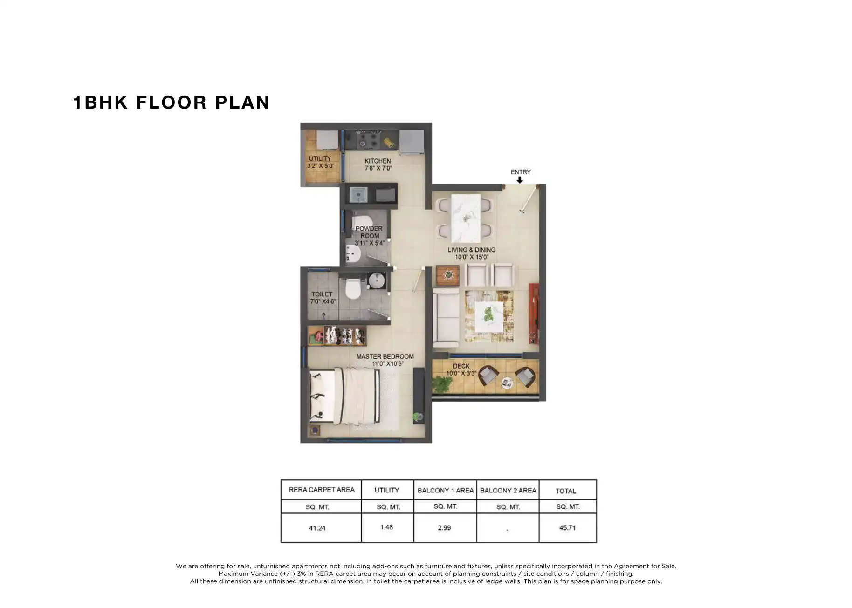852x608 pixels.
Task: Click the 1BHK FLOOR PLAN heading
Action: (x=171, y=102)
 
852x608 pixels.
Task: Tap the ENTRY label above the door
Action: (x=520, y=172)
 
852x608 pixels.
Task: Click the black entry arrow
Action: (x=520, y=180)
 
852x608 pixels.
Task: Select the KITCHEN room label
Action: (x=378, y=164)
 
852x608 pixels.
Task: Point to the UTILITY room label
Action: (x=320, y=162)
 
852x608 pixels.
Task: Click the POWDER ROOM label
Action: (x=369, y=235)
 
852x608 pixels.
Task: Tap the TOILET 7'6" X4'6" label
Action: (x=323, y=298)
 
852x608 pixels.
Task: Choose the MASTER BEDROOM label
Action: (x=385, y=360)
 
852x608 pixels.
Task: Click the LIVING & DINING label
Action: (x=471, y=253)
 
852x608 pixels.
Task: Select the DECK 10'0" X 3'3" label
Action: (x=461, y=369)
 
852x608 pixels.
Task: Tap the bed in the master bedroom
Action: (x=345, y=396)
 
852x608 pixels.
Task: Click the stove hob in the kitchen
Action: (x=368, y=139)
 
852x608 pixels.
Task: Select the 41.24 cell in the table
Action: (x=317, y=528)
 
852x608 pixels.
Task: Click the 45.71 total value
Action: (x=567, y=528)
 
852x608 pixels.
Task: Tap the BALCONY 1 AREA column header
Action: (x=445, y=490)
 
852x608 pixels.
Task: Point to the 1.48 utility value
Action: (x=386, y=527)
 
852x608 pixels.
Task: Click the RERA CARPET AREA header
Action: (x=321, y=490)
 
